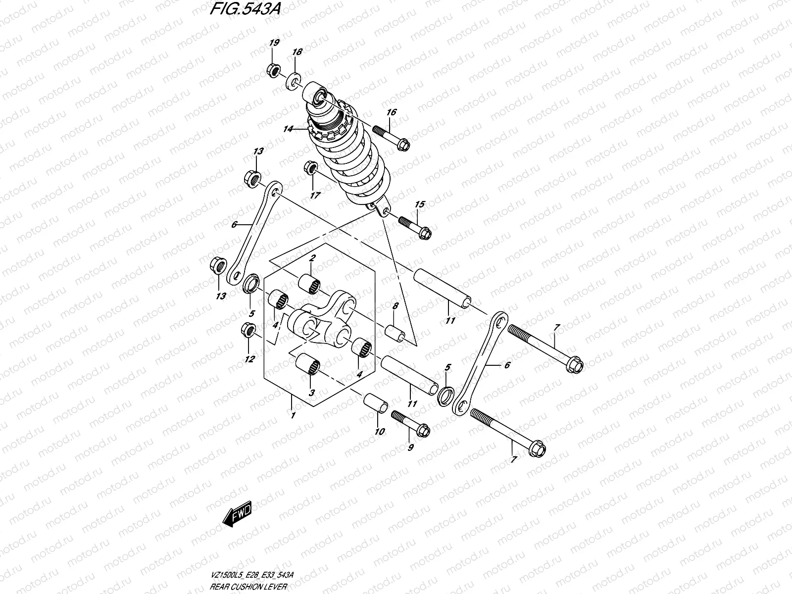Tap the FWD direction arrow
(x=238, y=513)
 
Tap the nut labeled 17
(x=310, y=168)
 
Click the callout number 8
(x=395, y=306)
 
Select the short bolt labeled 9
(x=411, y=422)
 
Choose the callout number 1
(x=293, y=415)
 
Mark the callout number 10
(x=379, y=432)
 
